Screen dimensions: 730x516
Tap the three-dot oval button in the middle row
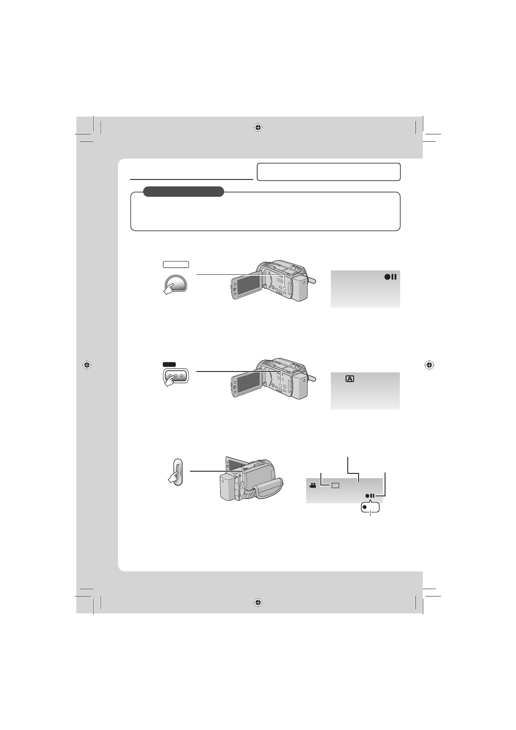coord(176,376)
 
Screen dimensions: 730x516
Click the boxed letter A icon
coord(350,379)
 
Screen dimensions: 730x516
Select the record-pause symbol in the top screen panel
coord(390,277)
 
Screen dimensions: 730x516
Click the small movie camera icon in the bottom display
coord(312,486)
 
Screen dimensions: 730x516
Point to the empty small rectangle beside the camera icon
coord(335,486)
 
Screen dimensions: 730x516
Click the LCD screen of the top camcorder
coord(249,289)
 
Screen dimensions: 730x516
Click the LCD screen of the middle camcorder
coord(249,381)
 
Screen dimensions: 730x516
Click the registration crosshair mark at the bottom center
coord(258,603)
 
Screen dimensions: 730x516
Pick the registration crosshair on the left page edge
coord(87,365)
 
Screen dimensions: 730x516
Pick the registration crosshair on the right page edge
coord(430,365)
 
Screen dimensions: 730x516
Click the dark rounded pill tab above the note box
coord(183,191)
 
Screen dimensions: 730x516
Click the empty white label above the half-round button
coord(176,264)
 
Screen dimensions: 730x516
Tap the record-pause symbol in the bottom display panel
coord(370,495)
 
